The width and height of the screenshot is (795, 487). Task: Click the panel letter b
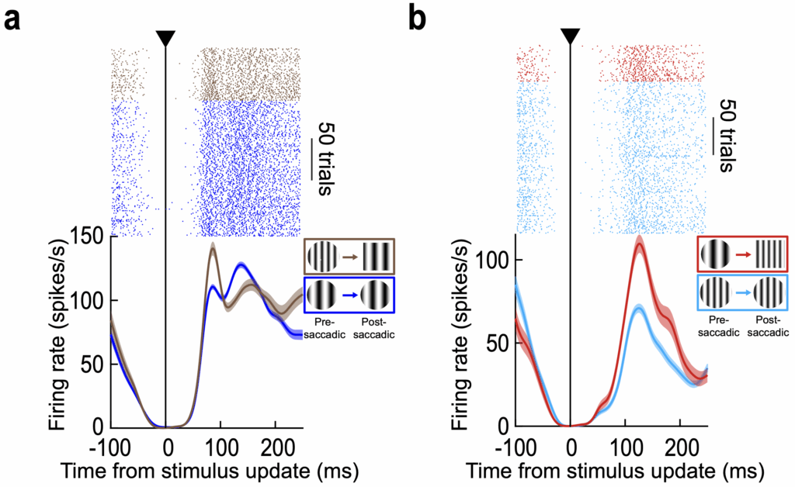coord(418,19)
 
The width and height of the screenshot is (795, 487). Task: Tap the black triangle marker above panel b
coord(571,36)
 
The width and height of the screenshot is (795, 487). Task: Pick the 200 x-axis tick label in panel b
coord(680,448)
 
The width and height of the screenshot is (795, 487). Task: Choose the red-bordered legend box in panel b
coord(742,254)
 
